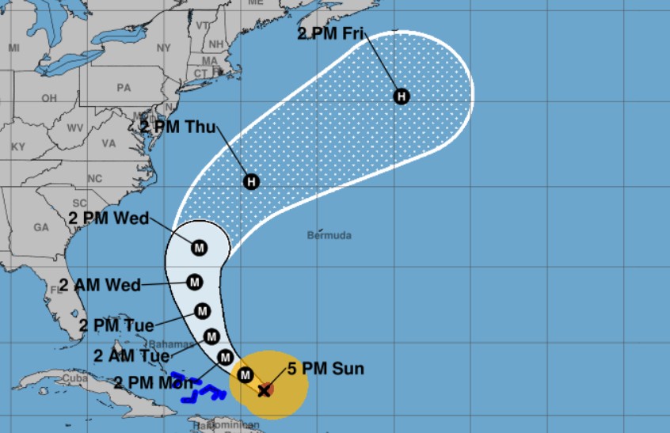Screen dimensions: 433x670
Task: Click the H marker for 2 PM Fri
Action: pyautogui.click(x=402, y=97)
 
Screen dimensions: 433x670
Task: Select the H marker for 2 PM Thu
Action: pyautogui.click(x=251, y=181)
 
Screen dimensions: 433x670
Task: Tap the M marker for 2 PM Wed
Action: pyautogui.click(x=199, y=249)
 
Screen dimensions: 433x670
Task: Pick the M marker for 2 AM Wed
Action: pyautogui.click(x=194, y=281)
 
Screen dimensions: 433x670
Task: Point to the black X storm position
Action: pyautogui.click(x=264, y=390)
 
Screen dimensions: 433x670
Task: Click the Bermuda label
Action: pyautogui.click(x=329, y=235)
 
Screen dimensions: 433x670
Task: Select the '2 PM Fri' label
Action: pyautogui.click(x=330, y=33)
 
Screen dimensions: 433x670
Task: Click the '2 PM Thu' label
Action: pyautogui.click(x=177, y=126)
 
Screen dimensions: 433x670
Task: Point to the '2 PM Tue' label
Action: pyautogui.click(x=116, y=325)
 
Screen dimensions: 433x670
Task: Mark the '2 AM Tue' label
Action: pyautogui.click(x=131, y=355)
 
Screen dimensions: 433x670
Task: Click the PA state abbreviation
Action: pyautogui.click(x=124, y=88)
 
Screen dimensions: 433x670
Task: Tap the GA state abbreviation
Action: pyautogui.click(x=42, y=227)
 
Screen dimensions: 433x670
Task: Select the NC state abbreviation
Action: pyautogui.click(x=95, y=178)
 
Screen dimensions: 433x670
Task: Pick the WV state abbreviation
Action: pyautogui.click(x=75, y=128)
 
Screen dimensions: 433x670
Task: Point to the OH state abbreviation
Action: pyautogui.click(x=49, y=98)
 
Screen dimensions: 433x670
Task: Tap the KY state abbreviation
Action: pyautogui.click(x=18, y=146)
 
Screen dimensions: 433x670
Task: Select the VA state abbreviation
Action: pyautogui.click(x=108, y=143)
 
